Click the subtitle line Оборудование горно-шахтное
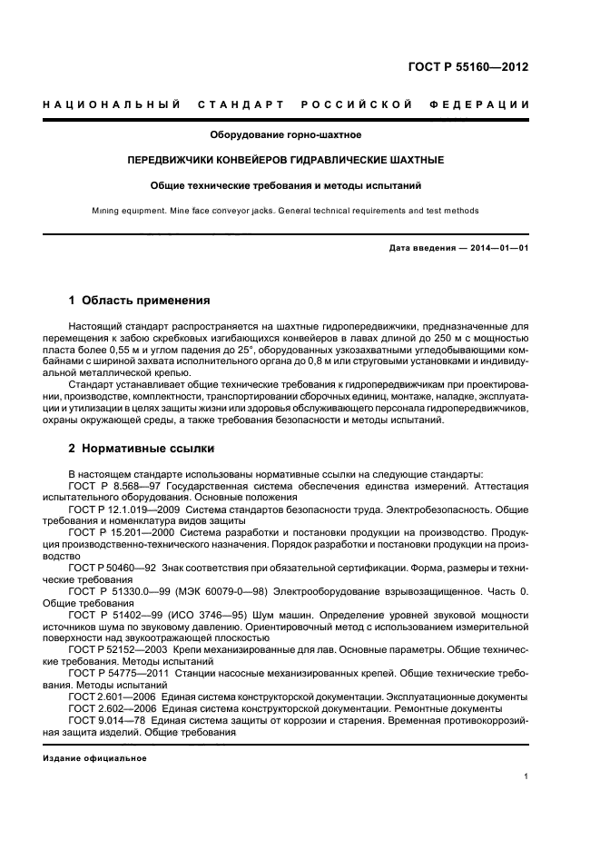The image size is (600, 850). coord(286,135)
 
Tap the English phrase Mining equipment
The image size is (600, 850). coord(126,210)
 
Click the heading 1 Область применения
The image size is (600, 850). coord(140,300)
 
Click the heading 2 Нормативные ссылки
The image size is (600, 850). coord(143,449)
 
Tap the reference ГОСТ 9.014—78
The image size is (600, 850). coord(101,719)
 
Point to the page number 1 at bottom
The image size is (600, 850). coord(526,777)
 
